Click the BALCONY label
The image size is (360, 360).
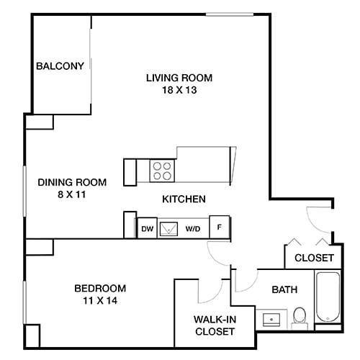pos(60,66)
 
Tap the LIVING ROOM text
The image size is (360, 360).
pos(180,78)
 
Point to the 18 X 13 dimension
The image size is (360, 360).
pos(180,91)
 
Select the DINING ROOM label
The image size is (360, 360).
pos(72,182)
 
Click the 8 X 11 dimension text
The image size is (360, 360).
pos(72,195)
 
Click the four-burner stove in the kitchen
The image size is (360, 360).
pos(163,171)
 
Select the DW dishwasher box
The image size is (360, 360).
pos(146,228)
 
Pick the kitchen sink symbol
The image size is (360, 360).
pos(170,228)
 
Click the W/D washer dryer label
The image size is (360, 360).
pos(193,228)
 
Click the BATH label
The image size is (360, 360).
pos(284,289)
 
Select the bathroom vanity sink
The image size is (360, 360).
pos(271,318)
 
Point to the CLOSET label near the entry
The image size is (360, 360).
pos(314,257)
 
